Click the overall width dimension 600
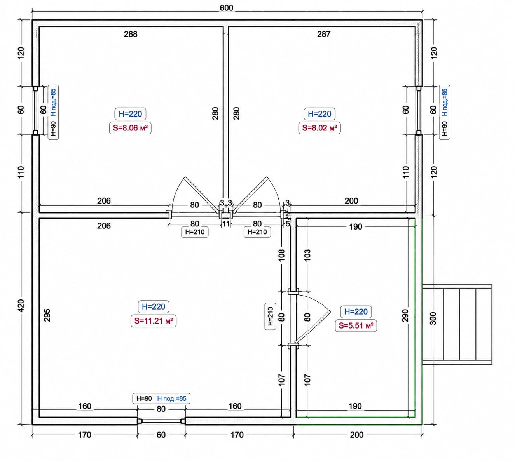pyautogui.click(x=226, y=8)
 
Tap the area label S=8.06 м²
pyautogui.click(x=130, y=128)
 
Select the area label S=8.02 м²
pyautogui.click(x=319, y=128)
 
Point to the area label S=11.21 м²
pyautogui.click(x=154, y=321)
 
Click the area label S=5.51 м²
pyautogui.click(x=356, y=325)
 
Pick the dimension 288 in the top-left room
pyautogui.click(x=131, y=34)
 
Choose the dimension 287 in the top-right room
pyautogui.click(x=324, y=34)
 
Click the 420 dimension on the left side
pyautogui.click(x=21, y=306)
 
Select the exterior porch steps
pyautogui.click(x=457, y=324)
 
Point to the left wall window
pyautogui.click(x=36, y=110)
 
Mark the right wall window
pyautogui.click(x=418, y=110)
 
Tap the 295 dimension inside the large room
pyautogui.click(x=47, y=315)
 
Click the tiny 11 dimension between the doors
pyautogui.click(x=226, y=224)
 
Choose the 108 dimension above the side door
pyautogui.click(x=282, y=255)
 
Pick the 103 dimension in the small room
pyautogui.click(x=307, y=255)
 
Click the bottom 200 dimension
pyautogui.click(x=357, y=435)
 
